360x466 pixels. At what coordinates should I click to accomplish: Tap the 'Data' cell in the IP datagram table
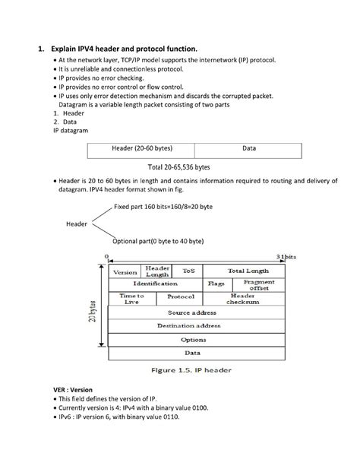click(248, 149)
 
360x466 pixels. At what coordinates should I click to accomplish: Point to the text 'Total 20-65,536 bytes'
click(178, 166)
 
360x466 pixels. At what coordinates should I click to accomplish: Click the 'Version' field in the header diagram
click(125, 271)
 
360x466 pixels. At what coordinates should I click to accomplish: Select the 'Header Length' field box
click(157, 271)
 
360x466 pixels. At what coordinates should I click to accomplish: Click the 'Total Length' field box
click(248, 271)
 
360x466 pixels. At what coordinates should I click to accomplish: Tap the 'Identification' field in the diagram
click(157, 284)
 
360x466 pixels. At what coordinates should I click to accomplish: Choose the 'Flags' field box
click(216, 284)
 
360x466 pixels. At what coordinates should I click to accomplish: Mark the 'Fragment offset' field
click(260, 284)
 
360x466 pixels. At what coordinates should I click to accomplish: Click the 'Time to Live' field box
click(131, 299)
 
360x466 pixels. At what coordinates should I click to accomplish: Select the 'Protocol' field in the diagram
click(181, 298)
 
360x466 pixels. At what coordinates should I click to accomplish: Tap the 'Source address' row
click(192, 312)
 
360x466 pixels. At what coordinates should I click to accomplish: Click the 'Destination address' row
click(192, 326)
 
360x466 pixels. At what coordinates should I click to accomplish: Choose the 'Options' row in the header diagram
click(192, 340)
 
